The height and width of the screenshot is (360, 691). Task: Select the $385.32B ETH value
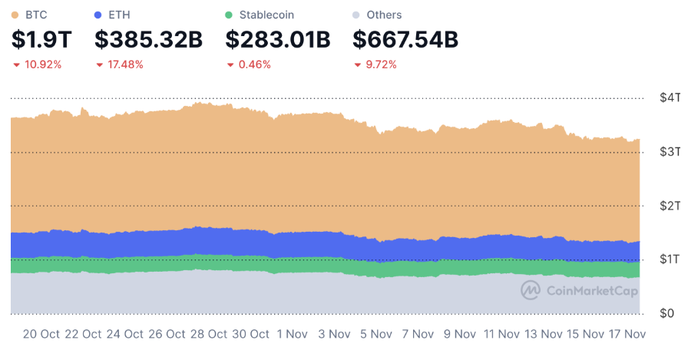pos(148,39)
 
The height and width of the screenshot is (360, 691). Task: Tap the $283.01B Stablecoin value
pos(277,39)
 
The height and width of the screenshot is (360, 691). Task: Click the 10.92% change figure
pos(43,64)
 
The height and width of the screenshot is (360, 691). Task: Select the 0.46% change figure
pos(254,64)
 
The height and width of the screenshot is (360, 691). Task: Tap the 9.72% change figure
pos(381,64)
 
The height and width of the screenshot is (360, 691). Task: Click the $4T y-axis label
pos(670,98)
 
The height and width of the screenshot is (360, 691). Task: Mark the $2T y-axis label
pos(670,206)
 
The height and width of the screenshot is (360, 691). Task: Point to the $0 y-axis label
pos(668,313)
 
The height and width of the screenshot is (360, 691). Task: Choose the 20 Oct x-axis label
pos(41,335)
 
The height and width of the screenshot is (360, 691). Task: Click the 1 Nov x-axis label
pos(292,335)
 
